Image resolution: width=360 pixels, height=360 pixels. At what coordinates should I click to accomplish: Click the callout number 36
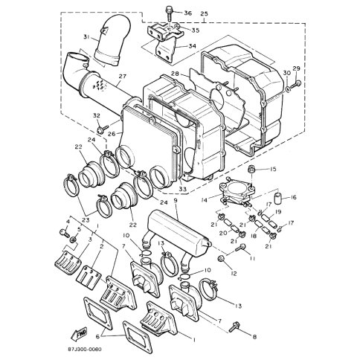(x=188, y=13)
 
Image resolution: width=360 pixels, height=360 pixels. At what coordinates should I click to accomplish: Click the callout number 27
(x=122, y=76)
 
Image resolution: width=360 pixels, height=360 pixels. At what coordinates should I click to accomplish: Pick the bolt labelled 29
(x=295, y=85)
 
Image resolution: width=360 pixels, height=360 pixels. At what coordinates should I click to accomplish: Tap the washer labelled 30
(x=287, y=89)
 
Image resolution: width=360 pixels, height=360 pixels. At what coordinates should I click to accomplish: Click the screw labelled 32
(x=103, y=129)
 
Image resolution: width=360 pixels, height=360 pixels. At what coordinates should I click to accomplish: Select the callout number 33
(x=183, y=189)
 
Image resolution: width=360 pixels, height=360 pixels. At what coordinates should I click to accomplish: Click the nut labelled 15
(x=251, y=170)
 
